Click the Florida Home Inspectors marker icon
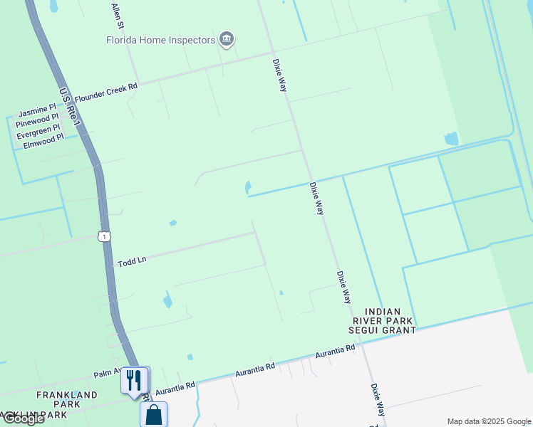(x=227, y=38)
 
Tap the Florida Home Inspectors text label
(x=160, y=41)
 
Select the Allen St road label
(x=118, y=16)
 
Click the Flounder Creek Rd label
(x=105, y=90)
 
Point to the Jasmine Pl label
(x=37, y=112)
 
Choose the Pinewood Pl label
(x=37, y=122)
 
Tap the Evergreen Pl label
(x=38, y=132)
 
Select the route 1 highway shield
(x=105, y=236)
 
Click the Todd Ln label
(x=132, y=260)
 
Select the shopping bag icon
(x=154, y=415)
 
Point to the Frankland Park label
(x=68, y=399)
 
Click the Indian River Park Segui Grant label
(x=381, y=321)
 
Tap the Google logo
(x=23, y=418)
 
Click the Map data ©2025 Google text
(x=489, y=421)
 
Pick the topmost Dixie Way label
(x=279, y=75)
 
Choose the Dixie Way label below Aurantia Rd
(x=378, y=400)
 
